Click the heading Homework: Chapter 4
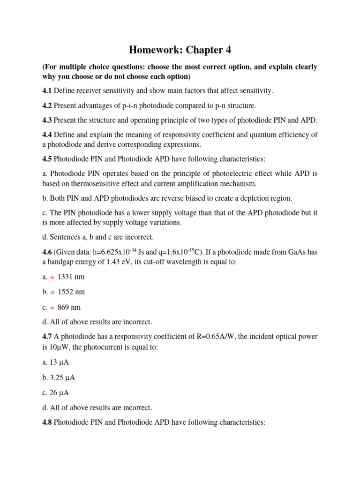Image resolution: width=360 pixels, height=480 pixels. pos(180,50)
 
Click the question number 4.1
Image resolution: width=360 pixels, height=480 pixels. pos(48,90)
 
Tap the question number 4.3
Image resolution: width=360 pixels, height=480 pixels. pos(48,120)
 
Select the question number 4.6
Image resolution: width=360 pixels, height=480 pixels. pos(48,252)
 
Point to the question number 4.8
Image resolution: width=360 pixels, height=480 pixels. pos(48,422)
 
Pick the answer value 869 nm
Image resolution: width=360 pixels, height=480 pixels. pos(69,307)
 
